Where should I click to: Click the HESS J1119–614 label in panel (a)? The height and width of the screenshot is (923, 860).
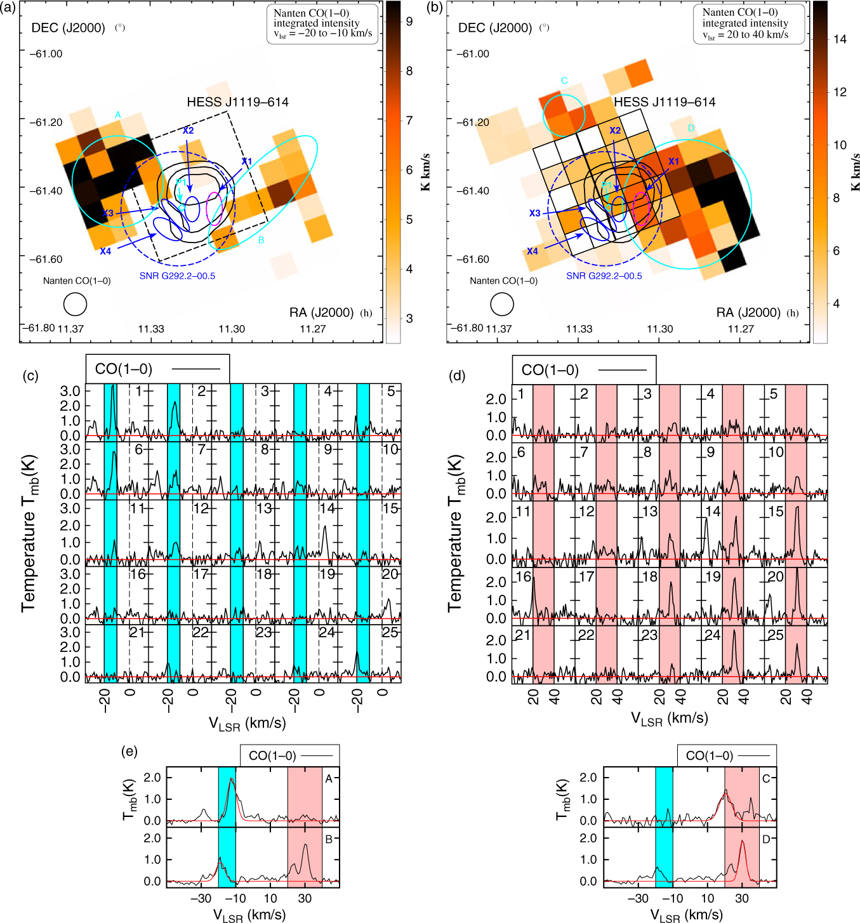click(x=237, y=102)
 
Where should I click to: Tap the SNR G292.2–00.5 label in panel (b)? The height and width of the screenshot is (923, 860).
click(x=604, y=276)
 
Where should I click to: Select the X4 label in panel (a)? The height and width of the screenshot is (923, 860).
click(x=105, y=251)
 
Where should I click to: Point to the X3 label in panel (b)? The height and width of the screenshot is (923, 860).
click(x=534, y=213)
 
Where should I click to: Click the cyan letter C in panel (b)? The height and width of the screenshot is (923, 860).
click(x=564, y=81)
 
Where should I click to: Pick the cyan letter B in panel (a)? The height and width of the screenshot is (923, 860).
click(x=261, y=241)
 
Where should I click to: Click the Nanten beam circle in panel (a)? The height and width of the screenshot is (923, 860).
click(x=75, y=305)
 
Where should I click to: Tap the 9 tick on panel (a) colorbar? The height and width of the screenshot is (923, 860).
click(x=409, y=22)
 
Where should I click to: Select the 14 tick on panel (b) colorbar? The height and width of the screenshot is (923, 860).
click(x=840, y=39)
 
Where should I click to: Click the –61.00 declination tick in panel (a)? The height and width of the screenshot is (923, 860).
click(x=47, y=54)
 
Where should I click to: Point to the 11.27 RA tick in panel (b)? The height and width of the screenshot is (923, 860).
click(x=741, y=329)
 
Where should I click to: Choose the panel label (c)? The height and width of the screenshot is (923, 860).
click(x=30, y=376)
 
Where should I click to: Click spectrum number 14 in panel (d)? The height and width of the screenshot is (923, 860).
click(x=713, y=511)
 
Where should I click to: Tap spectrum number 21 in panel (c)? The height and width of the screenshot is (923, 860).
click(x=137, y=632)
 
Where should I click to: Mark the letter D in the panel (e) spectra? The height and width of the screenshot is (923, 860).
click(x=766, y=839)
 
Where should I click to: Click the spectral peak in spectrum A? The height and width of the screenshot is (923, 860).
click(x=232, y=779)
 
